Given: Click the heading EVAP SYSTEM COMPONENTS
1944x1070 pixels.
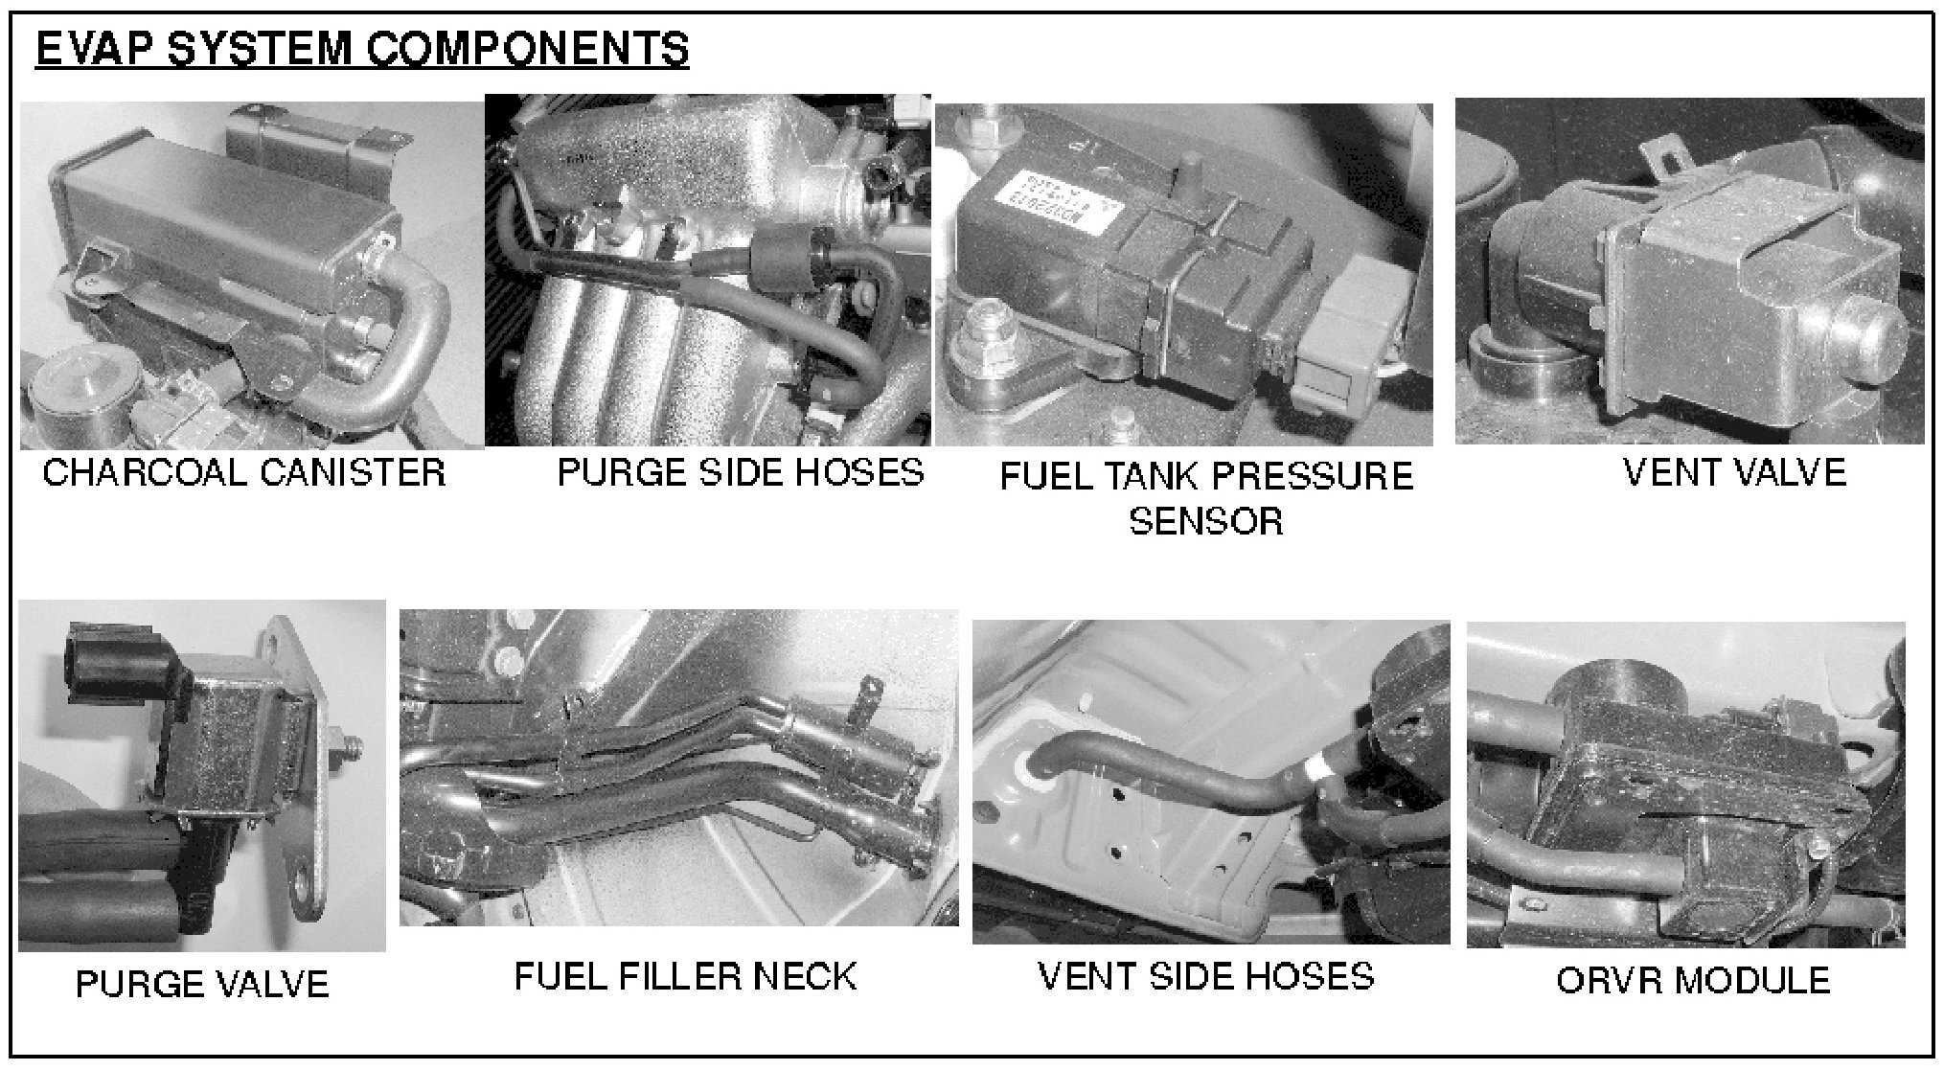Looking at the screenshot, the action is point(362,49).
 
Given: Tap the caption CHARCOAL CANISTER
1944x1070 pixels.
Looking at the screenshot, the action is point(244,472).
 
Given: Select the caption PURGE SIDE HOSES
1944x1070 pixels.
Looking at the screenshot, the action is point(741,472).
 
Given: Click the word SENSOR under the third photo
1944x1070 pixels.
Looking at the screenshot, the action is point(1205,521).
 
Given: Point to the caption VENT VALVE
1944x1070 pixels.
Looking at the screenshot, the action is point(1734,472).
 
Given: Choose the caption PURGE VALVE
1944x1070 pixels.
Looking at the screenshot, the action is point(202,985).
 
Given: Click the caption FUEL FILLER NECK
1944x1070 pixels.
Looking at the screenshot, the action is point(685,976).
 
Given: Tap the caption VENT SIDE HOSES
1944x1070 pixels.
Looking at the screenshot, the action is point(1206,976).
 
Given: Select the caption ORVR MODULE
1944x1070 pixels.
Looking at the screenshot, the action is point(1693,980).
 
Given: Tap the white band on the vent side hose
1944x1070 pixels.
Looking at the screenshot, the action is point(1321,767).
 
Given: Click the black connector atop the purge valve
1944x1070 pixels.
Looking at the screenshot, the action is point(115,662).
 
